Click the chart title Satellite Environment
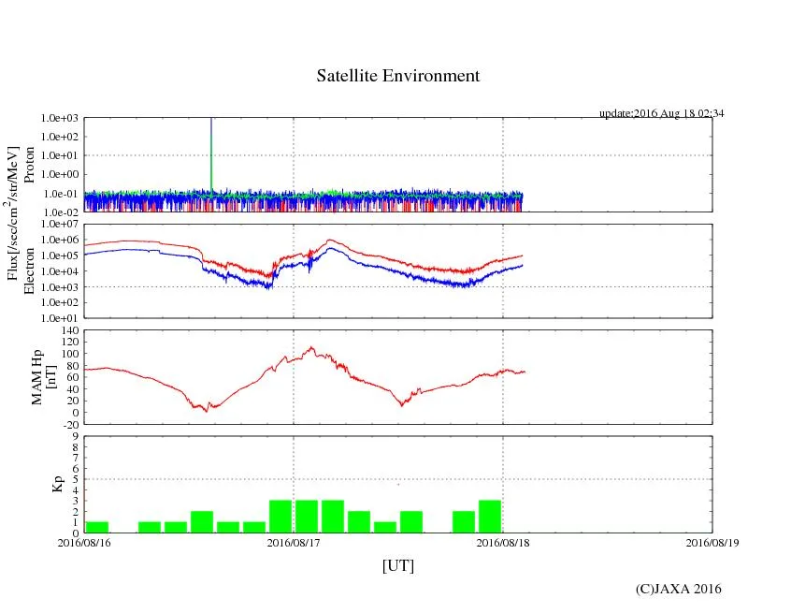[x=398, y=76]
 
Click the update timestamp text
[x=661, y=113]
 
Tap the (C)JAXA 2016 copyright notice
[x=678, y=588]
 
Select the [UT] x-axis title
[x=398, y=565]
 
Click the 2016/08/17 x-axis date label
[x=294, y=541]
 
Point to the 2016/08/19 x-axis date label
[x=712, y=541]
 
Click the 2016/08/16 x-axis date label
[x=84, y=541]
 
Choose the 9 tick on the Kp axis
[x=76, y=436]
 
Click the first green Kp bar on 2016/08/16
[x=97, y=527]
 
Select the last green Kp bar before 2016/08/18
[x=490, y=517]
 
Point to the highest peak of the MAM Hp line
[x=312, y=348]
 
